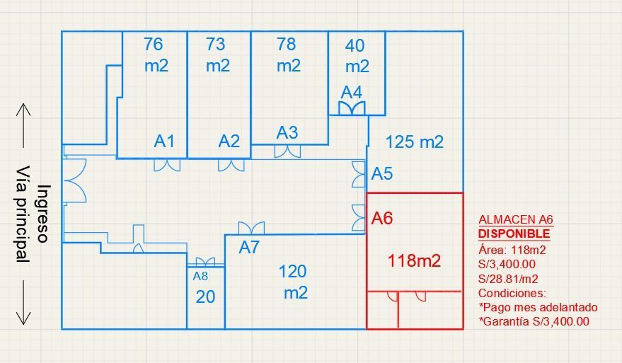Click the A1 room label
(x=164, y=141)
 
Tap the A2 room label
(x=229, y=141)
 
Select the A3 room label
(x=287, y=132)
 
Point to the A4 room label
(x=352, y=93)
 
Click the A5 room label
(x=382, y=173)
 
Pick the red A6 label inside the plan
(x=382, y=218)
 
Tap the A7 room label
(x=249, y=248)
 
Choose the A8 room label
(x=200, y=277)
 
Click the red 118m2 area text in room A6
(x=414, y=260)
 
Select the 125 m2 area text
(x=414, y=142)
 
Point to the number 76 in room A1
(x=154, y=44)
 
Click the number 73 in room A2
(x=216, y=44)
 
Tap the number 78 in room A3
(x=287, y=44)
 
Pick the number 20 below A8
(x=205, y=296)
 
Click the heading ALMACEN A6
(x=516, y=219)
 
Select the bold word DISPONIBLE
(x=514, y=234)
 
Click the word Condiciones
(x=512, y=293)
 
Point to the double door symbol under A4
(x=352, y=108)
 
